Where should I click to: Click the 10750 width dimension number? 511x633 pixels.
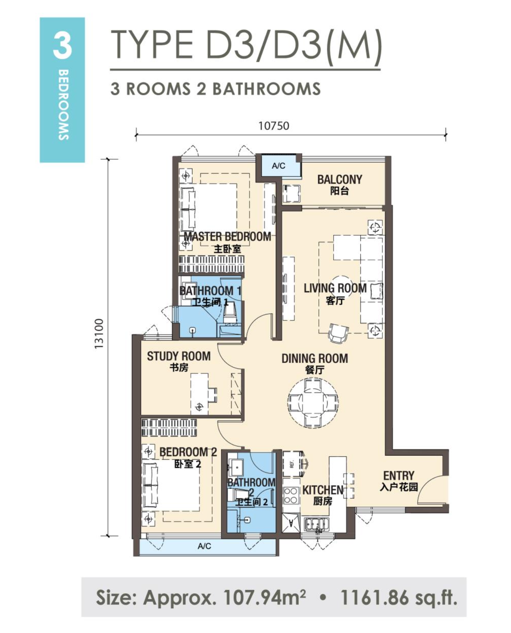click(x=274, y=126)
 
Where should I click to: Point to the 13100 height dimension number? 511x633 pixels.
click(x=99, y=334)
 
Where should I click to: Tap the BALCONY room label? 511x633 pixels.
click(x=339, y=179)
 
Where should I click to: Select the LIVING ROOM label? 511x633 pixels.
click(x=335, y=288)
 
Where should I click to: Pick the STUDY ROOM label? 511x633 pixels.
click(x=179, y=356)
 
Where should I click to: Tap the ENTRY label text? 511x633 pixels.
click(x=398, y=475)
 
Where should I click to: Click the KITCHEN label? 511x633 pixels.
click(x=323, y=490)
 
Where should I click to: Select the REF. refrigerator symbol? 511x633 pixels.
click(x=292, y=464)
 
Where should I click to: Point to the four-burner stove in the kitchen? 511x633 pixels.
click(x=291, y=496)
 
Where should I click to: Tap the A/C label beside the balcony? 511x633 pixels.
click(x=278, y=166)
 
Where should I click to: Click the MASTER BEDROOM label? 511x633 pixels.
click(x=227, y=236)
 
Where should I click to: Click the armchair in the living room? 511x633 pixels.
click(x=338, y=333)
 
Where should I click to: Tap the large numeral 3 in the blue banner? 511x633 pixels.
click(x=62, y=46)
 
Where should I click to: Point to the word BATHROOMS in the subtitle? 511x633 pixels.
click(x=266, y=89)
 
